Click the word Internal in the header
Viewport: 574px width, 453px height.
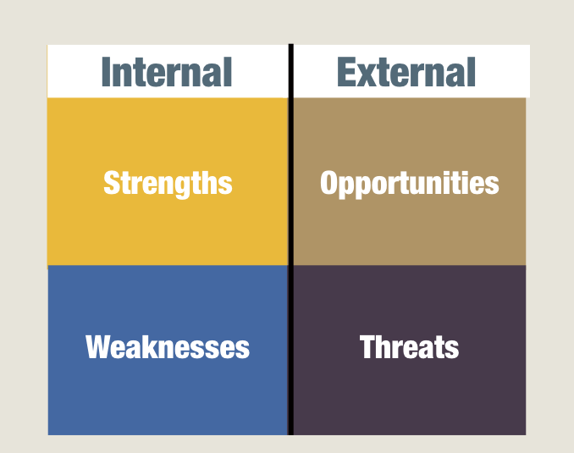167,72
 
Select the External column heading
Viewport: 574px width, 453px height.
406,72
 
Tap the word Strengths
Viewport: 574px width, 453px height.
168,184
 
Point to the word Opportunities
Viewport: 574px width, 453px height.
409,184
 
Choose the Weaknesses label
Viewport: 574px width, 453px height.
168,347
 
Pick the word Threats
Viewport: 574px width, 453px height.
409,346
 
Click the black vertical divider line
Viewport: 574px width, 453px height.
291,240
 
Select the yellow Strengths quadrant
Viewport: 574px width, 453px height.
168,182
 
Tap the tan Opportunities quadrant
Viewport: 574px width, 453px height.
410,182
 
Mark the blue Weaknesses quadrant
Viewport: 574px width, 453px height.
168,350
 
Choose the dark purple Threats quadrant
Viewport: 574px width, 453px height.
410,350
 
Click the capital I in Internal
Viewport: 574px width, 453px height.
106,72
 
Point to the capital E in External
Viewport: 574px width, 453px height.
346,72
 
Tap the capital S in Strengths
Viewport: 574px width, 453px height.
112,182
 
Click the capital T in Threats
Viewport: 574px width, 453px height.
368,347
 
